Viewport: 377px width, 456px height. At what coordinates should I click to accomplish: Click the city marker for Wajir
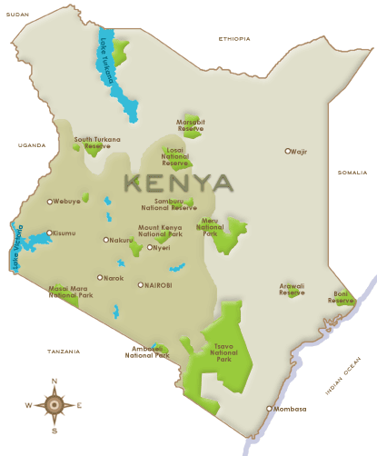[x=288, y=151]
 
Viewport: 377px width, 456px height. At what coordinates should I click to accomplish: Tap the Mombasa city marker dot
[x=269, y=409]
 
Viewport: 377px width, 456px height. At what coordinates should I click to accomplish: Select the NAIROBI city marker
[x=140, y=284]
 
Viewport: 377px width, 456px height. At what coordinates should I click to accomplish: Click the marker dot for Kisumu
[x=49, y=233]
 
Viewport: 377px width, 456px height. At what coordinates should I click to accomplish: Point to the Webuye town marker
[x=50, y=202]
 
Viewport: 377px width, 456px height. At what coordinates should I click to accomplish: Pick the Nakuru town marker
[x=106, y=240]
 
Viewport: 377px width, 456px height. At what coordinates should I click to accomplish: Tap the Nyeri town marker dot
[x=150, y=247]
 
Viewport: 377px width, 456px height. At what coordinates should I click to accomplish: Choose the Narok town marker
[x=100, y=278]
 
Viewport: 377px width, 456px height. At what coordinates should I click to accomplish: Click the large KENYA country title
[x=178, y=183]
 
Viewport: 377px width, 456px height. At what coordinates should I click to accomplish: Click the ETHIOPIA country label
[x=233, y=38]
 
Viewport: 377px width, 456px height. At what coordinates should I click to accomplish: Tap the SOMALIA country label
[x=352, y=172]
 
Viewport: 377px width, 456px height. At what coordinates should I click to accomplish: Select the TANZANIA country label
[x=64, y=350]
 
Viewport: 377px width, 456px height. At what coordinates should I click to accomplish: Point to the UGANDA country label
[x=31, y=144]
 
